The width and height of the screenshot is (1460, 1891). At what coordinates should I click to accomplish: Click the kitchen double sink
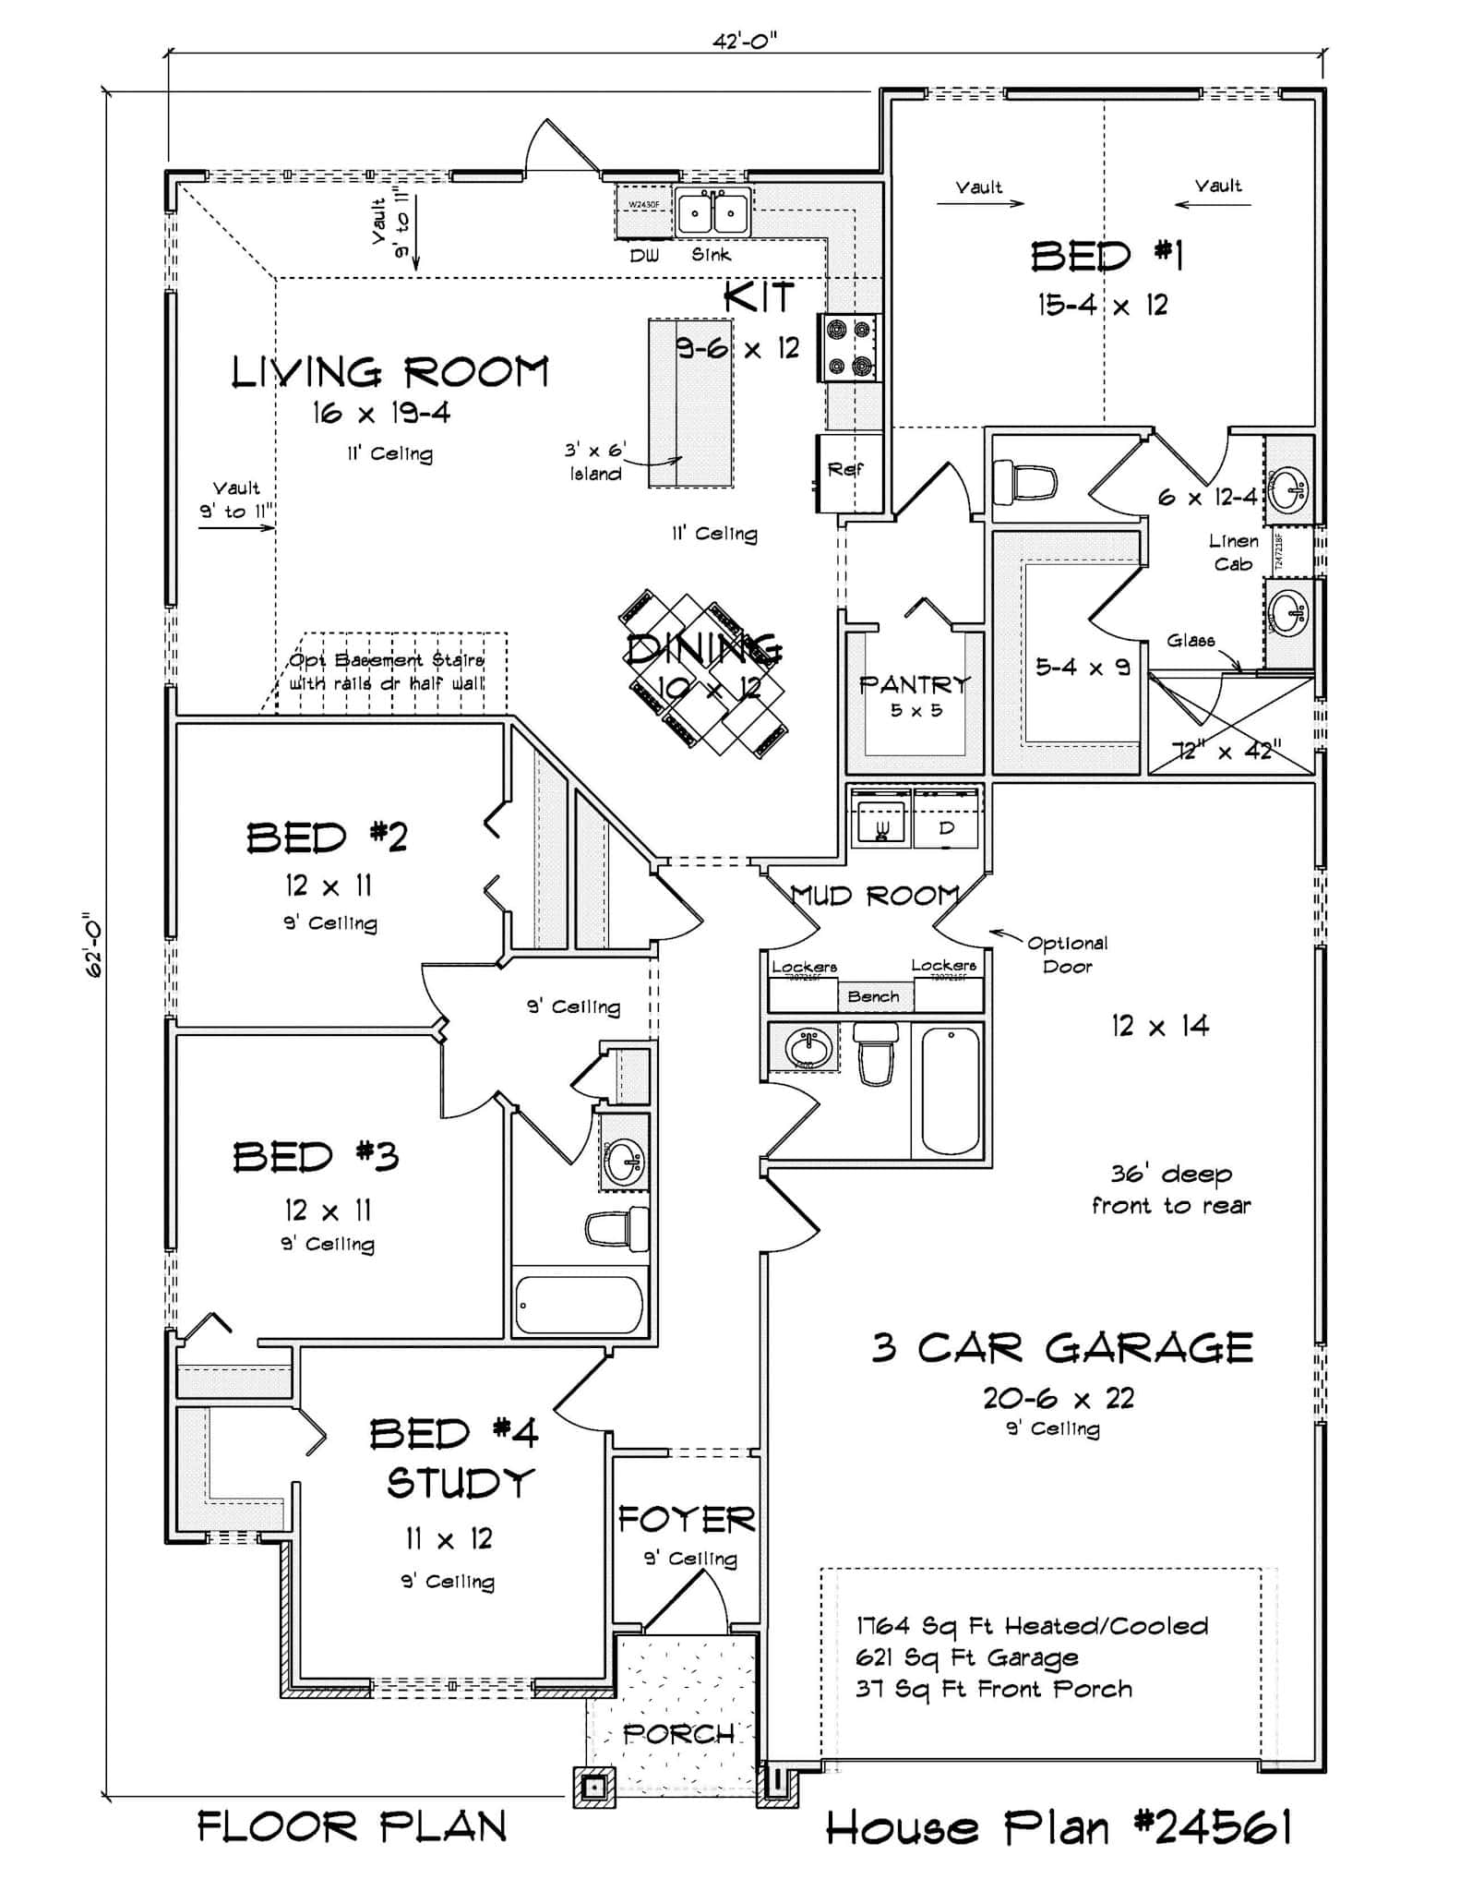point(712,213)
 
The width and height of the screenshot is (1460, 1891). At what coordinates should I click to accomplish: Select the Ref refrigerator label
point(844,470)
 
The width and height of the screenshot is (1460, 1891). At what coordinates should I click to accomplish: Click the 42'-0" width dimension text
point(744,41)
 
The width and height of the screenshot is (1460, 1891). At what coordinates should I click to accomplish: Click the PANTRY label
point(915,685)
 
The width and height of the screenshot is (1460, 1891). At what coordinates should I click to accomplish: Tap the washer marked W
point(880,820)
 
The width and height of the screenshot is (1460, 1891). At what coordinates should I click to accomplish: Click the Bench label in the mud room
point(873,997)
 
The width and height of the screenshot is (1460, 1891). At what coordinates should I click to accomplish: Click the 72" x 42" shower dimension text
point(1227,751)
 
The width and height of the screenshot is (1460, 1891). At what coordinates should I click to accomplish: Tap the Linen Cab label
point(1233,552)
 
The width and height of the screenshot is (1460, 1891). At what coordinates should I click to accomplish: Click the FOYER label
point(686,1519)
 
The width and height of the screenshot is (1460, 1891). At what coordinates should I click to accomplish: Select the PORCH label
point(679,1734)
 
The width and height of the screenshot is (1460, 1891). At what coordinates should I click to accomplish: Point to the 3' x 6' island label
point(595,462)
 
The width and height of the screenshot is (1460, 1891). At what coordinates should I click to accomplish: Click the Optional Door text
point(1067,955)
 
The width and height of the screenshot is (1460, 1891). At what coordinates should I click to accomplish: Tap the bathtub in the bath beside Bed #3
point(579,1305)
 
